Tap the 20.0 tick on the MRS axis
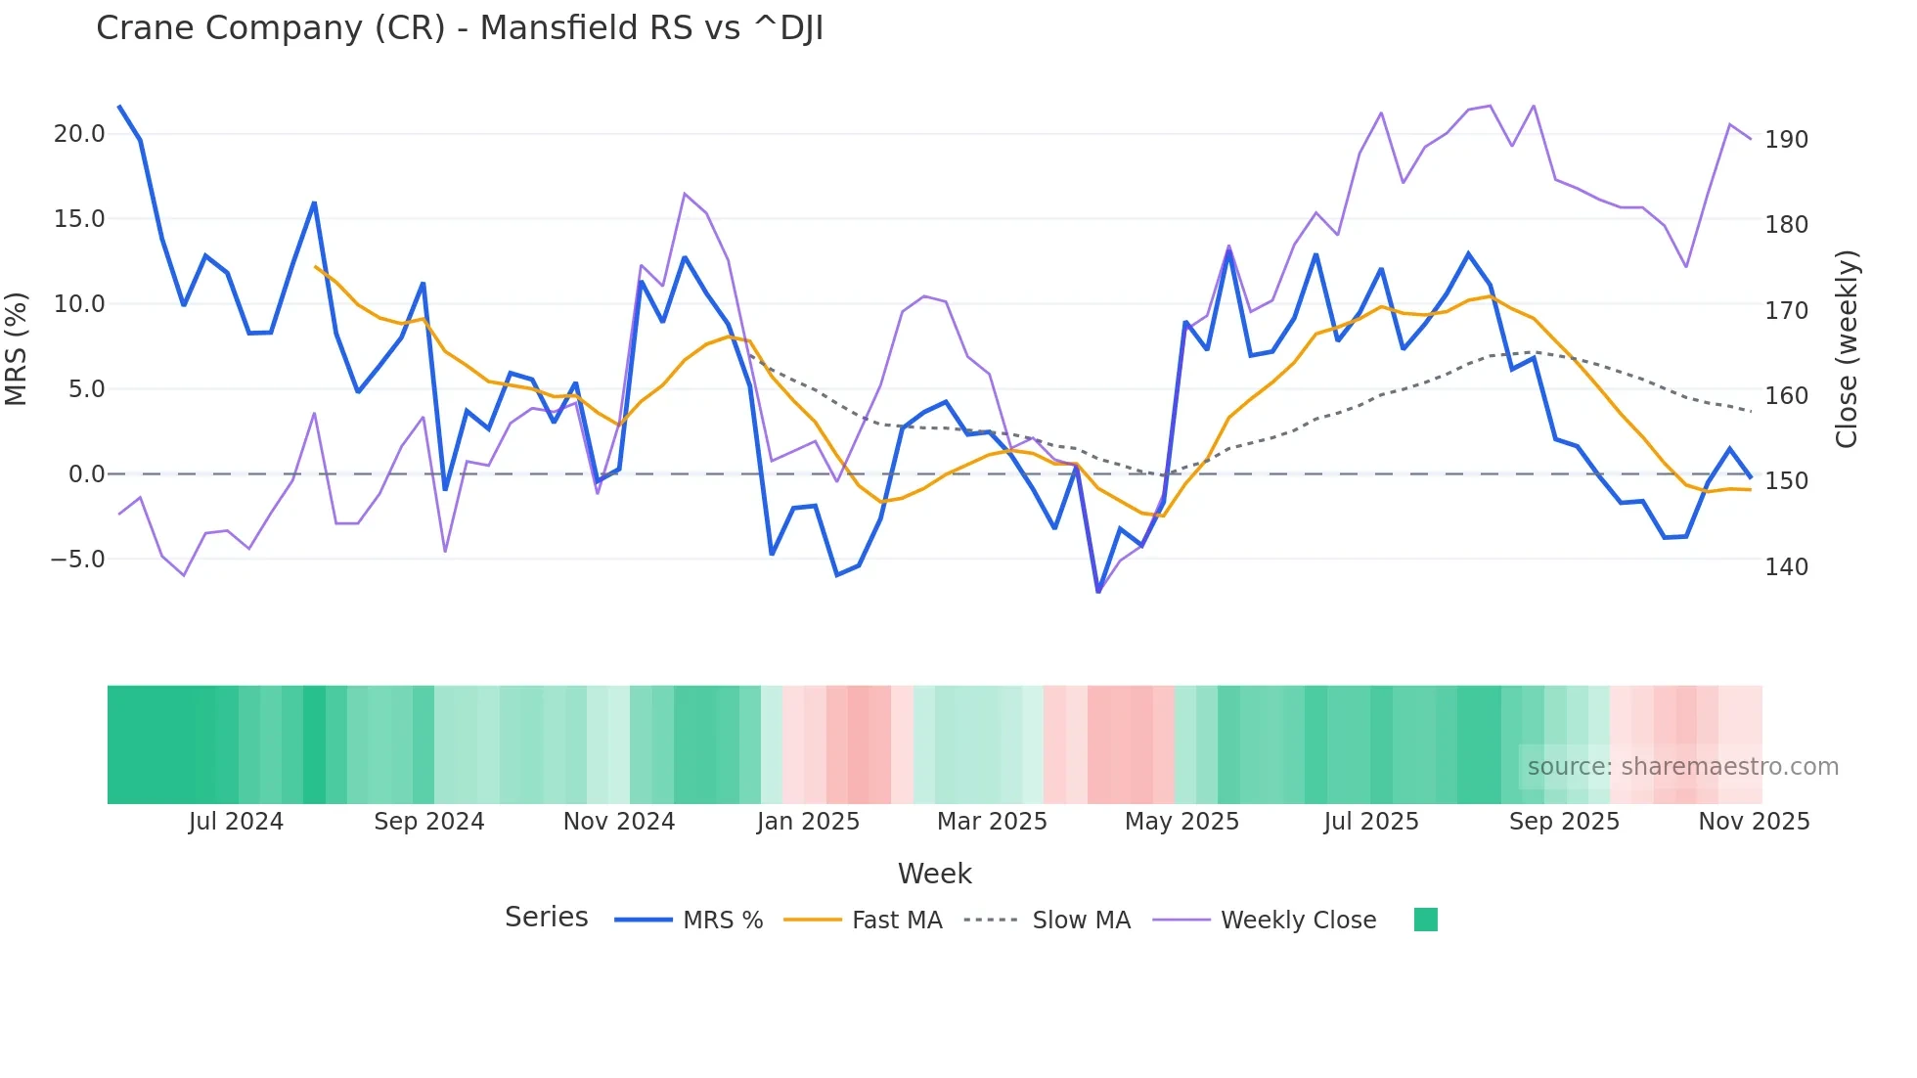(79, 134)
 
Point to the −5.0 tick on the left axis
(78, 560)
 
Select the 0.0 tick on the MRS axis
(86, 474)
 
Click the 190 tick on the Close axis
(1786, 140)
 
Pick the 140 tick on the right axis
(1786, 566)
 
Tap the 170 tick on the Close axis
(1786, 310)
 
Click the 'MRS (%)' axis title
(17, 348)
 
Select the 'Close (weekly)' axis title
(1847, 348)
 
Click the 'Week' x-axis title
(934, 874)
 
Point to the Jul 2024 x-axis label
(236, 822)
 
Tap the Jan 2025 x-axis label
(808, 822)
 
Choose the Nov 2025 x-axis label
(1754, 822)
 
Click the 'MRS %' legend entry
(722, 921)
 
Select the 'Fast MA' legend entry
(896, 921)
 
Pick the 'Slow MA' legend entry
(1081, 921)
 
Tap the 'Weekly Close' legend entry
(1298, 921)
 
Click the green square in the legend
(1426, 920)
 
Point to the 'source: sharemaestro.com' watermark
(1682, 767)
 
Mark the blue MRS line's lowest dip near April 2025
(1098, 591)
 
